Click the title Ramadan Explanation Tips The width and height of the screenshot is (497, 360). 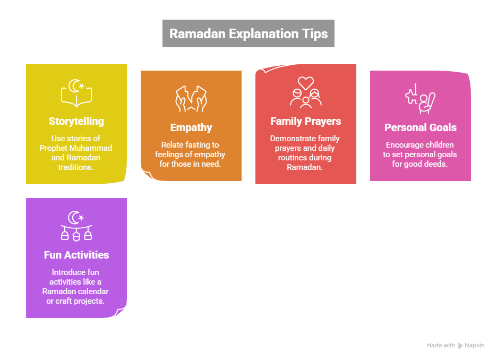tap(248, 34)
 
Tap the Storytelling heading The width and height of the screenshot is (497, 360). tap(76, 121)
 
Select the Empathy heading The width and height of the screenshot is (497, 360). tap(191, 127)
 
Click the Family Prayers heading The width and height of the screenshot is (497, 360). tap(305, 121)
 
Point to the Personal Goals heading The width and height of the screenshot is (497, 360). tap(421, 127)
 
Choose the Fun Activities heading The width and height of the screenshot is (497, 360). tap(76, 255)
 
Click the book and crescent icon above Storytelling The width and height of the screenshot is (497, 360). tap(76, 93)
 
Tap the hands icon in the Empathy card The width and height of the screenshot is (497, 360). tap(191, 99)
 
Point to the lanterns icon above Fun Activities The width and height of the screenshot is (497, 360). tap(76, 226)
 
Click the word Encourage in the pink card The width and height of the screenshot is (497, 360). tap(405, 145)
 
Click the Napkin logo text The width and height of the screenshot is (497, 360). tap(475, 346)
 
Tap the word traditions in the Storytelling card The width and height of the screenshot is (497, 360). tap(76, 166)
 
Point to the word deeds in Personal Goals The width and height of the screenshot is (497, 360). tap(436, 163)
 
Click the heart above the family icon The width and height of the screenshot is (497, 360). tap(305, 82)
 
